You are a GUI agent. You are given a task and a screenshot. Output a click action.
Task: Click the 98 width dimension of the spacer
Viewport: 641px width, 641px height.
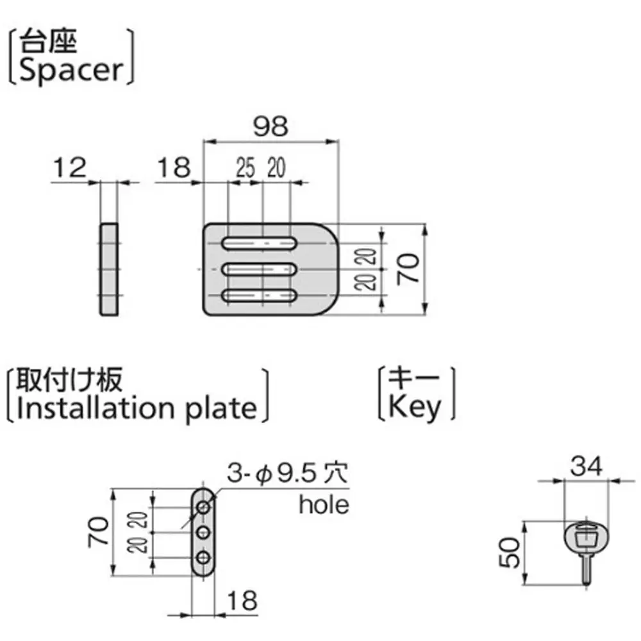coord(270,127)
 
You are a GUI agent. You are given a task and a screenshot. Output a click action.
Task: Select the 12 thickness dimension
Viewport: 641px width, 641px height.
coord(70,168)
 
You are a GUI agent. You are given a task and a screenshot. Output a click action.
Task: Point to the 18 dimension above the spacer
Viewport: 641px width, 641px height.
coord(173,168)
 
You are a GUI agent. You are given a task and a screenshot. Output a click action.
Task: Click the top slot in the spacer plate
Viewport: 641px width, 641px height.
coord(260,244)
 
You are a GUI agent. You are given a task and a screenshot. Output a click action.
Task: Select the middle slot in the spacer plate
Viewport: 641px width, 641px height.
coord(260,270)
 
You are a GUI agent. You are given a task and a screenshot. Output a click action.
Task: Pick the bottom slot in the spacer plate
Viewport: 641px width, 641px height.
coord(260,296)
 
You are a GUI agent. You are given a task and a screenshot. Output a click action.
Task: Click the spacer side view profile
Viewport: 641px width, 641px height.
coord(109,269)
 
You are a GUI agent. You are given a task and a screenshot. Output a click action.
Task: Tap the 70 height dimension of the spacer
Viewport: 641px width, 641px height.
coord(410,269)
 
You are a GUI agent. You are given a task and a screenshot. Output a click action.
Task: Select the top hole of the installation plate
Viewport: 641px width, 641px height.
coord(204,507)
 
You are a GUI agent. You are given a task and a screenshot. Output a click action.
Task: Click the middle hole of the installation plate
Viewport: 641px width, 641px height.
coord(204,532)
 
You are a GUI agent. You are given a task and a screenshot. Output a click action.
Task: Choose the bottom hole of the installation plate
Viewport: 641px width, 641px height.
coord(204,558)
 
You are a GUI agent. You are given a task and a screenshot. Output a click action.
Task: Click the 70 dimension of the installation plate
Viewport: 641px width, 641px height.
coord(98,532)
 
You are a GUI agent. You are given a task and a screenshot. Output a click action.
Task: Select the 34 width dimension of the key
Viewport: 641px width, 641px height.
coord(588,467)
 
